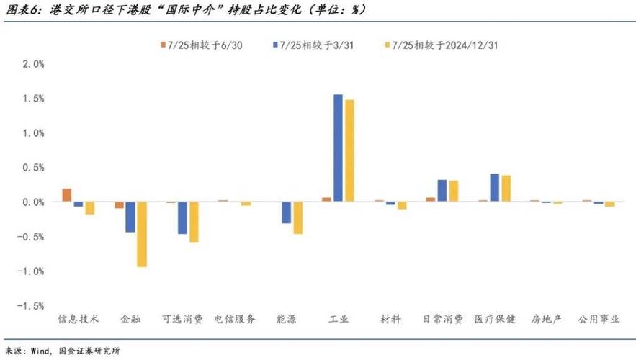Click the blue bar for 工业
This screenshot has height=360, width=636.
pyautogui.click(x=338, y=148)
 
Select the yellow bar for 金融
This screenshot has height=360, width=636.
pyautogui.click(x=142, y=235)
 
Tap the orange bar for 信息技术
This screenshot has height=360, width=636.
pyautogui.click(x=67, y=195)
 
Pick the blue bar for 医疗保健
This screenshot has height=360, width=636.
pyautogui.click(x=494, y=188)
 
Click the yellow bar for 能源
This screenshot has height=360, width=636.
pyautogui.click(x=297, y=218)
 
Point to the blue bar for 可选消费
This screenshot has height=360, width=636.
pyautogui.click(x=183, y=218)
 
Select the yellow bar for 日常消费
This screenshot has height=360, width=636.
pyautogui.click(x=454, y=192)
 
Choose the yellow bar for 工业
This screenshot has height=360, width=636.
pyautogui.click(x=349, y=150)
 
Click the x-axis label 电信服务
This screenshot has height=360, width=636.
pyautogui.click(x=235, y=319)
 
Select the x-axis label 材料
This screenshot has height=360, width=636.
pyautogui.click(x=390, y=319)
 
